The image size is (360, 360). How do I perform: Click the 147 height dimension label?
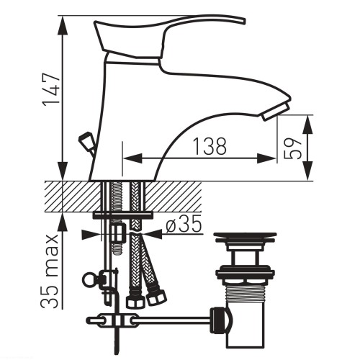[x=51, y=89]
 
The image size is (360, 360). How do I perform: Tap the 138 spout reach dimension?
[x=210, y=146]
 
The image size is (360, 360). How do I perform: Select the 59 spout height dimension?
[x=292, y=148]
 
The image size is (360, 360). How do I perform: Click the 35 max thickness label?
[x=50, y=271]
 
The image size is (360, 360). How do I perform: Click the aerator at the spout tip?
[x=276, y=112]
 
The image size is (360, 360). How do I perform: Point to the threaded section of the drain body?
[x=245, y=294]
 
